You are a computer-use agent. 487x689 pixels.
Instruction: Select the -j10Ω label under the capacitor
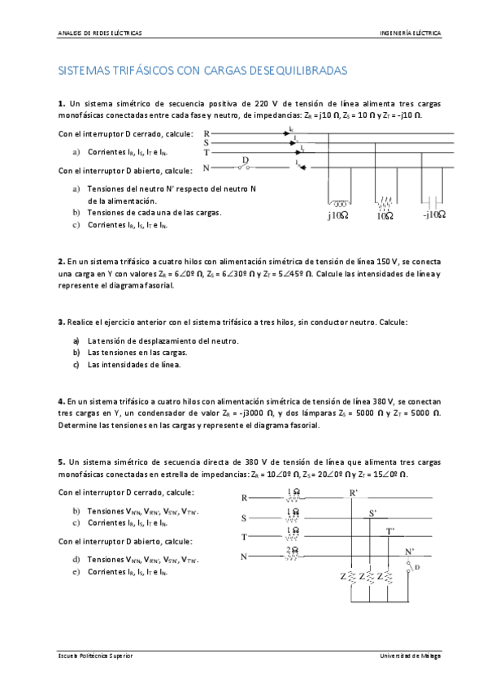(x=434, y=215)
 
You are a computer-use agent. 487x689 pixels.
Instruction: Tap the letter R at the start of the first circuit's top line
(x=207, y=133)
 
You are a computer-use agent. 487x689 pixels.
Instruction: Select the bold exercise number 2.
(x=61, y=262)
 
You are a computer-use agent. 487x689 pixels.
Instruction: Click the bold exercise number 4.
(x=61, y=401)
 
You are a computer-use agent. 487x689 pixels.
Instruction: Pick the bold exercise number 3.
(x=61, y=323)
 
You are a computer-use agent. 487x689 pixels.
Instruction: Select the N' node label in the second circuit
(x=409, y=552)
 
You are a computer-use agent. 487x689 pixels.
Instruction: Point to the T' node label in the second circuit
(x=390, y=531)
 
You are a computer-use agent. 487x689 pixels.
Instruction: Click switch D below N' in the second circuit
(x=413, y=567)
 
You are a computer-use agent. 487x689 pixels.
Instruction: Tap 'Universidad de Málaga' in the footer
(x=410, y=656)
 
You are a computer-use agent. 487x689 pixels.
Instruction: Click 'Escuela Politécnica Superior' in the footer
(x=95, y=656)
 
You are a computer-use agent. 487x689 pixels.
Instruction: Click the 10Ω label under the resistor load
(x=385, y=216)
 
